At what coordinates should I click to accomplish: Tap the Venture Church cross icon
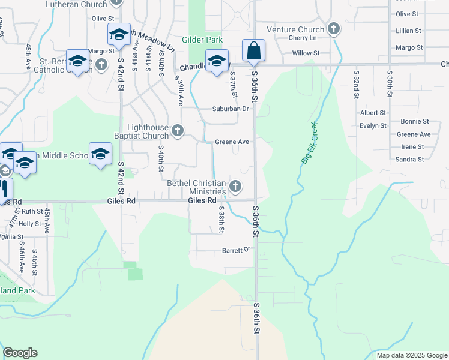(334, 29)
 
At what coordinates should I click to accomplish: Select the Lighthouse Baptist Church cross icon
(177, 130)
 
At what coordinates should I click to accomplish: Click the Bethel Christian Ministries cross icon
(236, 186)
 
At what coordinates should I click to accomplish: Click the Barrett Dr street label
(235, 250)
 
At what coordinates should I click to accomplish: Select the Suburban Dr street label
(230, 109)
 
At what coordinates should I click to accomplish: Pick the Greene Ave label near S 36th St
(232, 142)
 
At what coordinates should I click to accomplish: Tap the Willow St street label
(306, 53)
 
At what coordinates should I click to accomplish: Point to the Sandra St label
(409, 159)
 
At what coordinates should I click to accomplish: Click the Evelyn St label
(373, 125)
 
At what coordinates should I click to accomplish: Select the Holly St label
(29, 224)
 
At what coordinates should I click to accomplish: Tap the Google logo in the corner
(20, 353)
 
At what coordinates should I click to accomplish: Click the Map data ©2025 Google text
(411, 355)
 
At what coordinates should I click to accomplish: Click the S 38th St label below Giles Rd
(221, 220)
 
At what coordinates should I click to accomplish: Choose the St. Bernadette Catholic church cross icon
(101, 64)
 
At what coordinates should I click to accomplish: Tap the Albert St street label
(373, 113)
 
